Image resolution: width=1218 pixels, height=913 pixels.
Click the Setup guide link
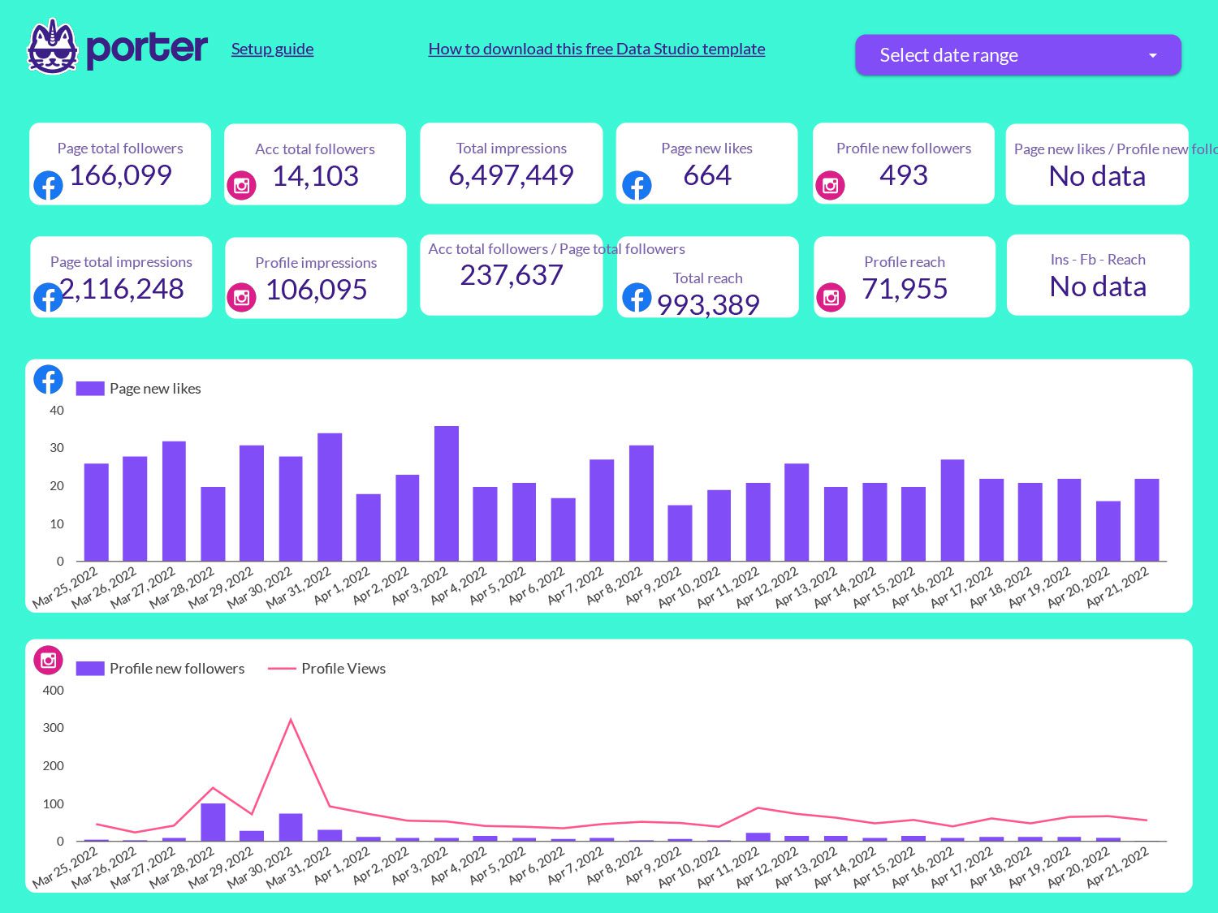click(x=272, y=49)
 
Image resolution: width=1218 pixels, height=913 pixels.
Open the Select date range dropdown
click(x=1017, y=55)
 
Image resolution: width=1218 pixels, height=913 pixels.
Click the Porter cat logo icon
click(x=52, y=47)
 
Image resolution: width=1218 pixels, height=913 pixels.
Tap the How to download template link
click(x=596, y=49)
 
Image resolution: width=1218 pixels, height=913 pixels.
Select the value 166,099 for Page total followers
click(x=120, y=175)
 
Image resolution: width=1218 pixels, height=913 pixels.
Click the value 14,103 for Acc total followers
click(x=315, y=176)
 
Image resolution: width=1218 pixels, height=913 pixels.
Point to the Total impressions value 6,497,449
click(x=511, y=175)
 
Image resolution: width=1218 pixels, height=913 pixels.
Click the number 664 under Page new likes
click(x=706, y=175)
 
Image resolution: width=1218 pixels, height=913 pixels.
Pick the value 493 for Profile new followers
click(x=903, y=175)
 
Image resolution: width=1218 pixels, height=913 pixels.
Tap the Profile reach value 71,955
click(x=905, y=289)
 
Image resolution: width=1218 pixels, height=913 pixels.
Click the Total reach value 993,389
click(x=708, y=305)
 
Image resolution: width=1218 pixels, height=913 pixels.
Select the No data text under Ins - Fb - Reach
click(x=1098, y=286)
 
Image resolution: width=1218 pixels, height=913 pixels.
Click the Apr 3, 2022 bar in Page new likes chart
click(x=446, y=493)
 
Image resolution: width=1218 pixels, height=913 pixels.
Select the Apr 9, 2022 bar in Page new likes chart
click(x=680, y=532)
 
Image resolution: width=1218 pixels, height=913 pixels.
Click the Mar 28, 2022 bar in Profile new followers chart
click(x=213, y=822)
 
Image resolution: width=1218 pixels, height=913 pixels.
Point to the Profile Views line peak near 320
click(x=291, y=720)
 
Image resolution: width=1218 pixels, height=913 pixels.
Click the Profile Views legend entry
click(x=343, y=669)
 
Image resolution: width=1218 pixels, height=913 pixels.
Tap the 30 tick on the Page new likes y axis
click(x=57, y=448)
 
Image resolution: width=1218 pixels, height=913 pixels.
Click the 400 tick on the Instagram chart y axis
click(x=54, y=691)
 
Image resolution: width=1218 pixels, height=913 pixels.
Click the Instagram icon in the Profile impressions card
click(x=241, y=298)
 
